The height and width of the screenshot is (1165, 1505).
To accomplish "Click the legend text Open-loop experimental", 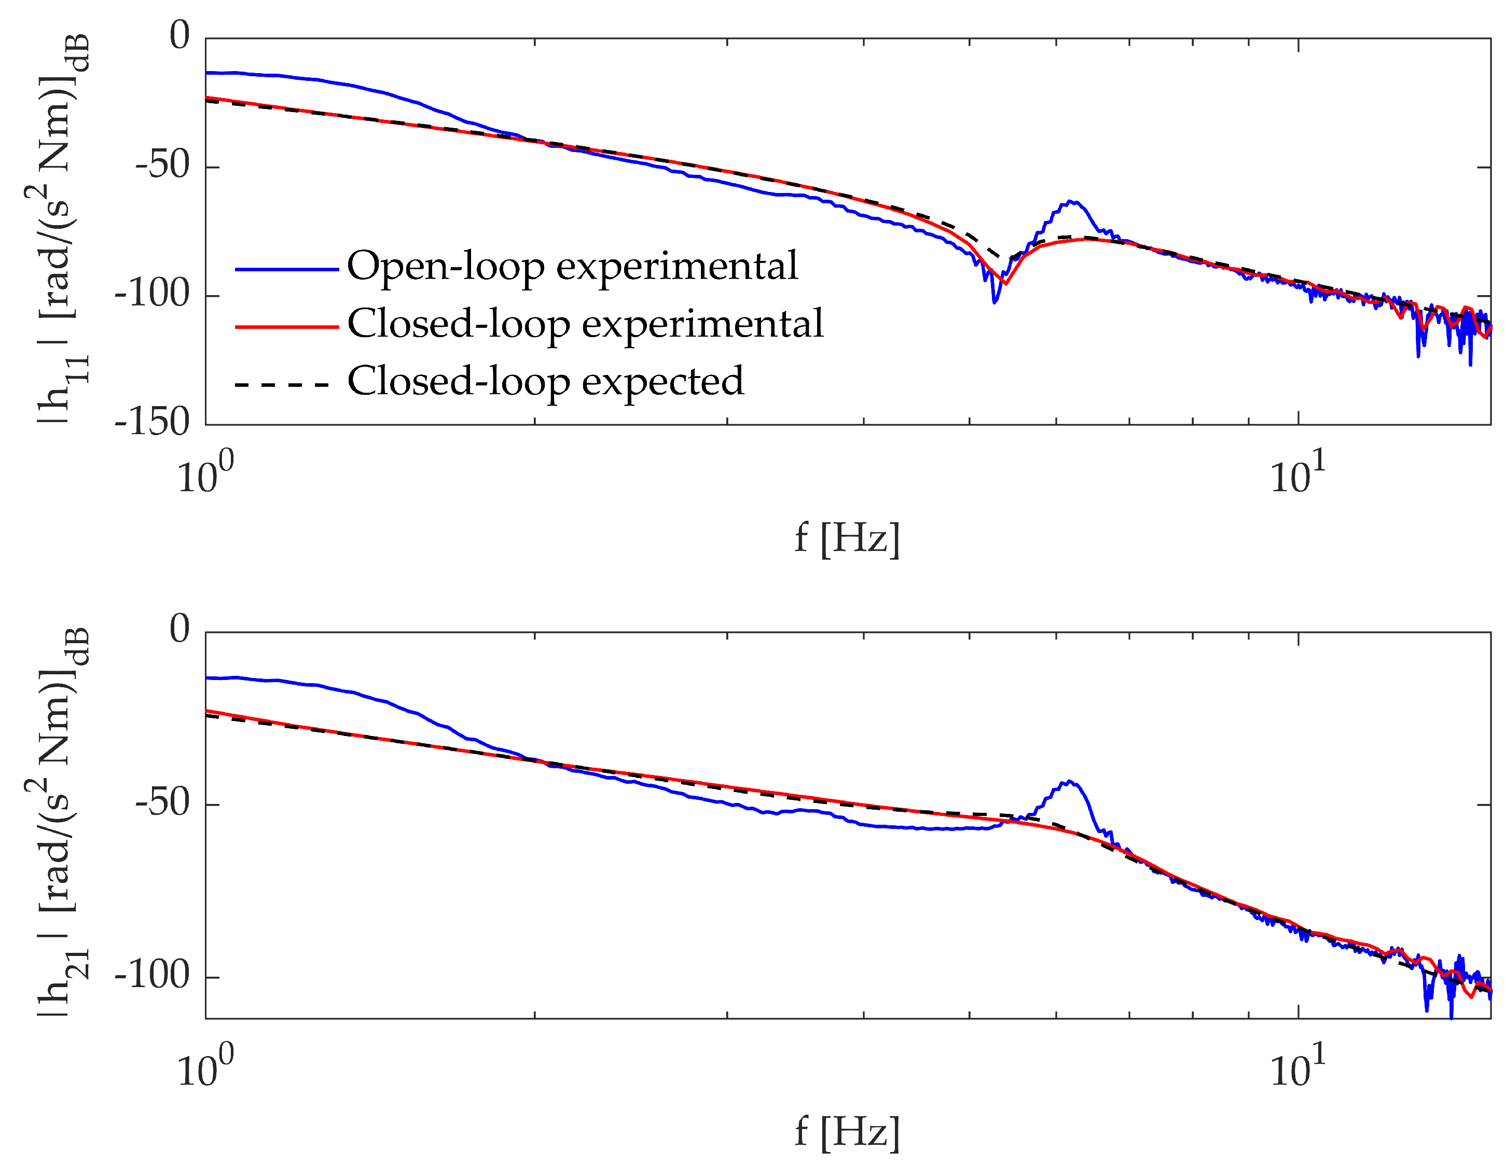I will (572, 266).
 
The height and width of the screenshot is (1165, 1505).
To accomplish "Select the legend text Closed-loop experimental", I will (585, 323).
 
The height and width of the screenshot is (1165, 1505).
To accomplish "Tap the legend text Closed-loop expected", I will (545, 381).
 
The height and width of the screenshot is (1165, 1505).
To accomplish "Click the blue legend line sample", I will (287, 269).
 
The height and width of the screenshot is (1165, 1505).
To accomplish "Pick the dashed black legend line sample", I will (283, 384).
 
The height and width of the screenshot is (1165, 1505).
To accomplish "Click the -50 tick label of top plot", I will (162, 165).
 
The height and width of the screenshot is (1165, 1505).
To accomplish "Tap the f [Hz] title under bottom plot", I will (847, 1131).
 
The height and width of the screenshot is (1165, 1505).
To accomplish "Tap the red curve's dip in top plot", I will (1006, 283).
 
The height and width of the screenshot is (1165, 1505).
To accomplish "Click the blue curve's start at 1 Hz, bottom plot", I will (208, 678).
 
